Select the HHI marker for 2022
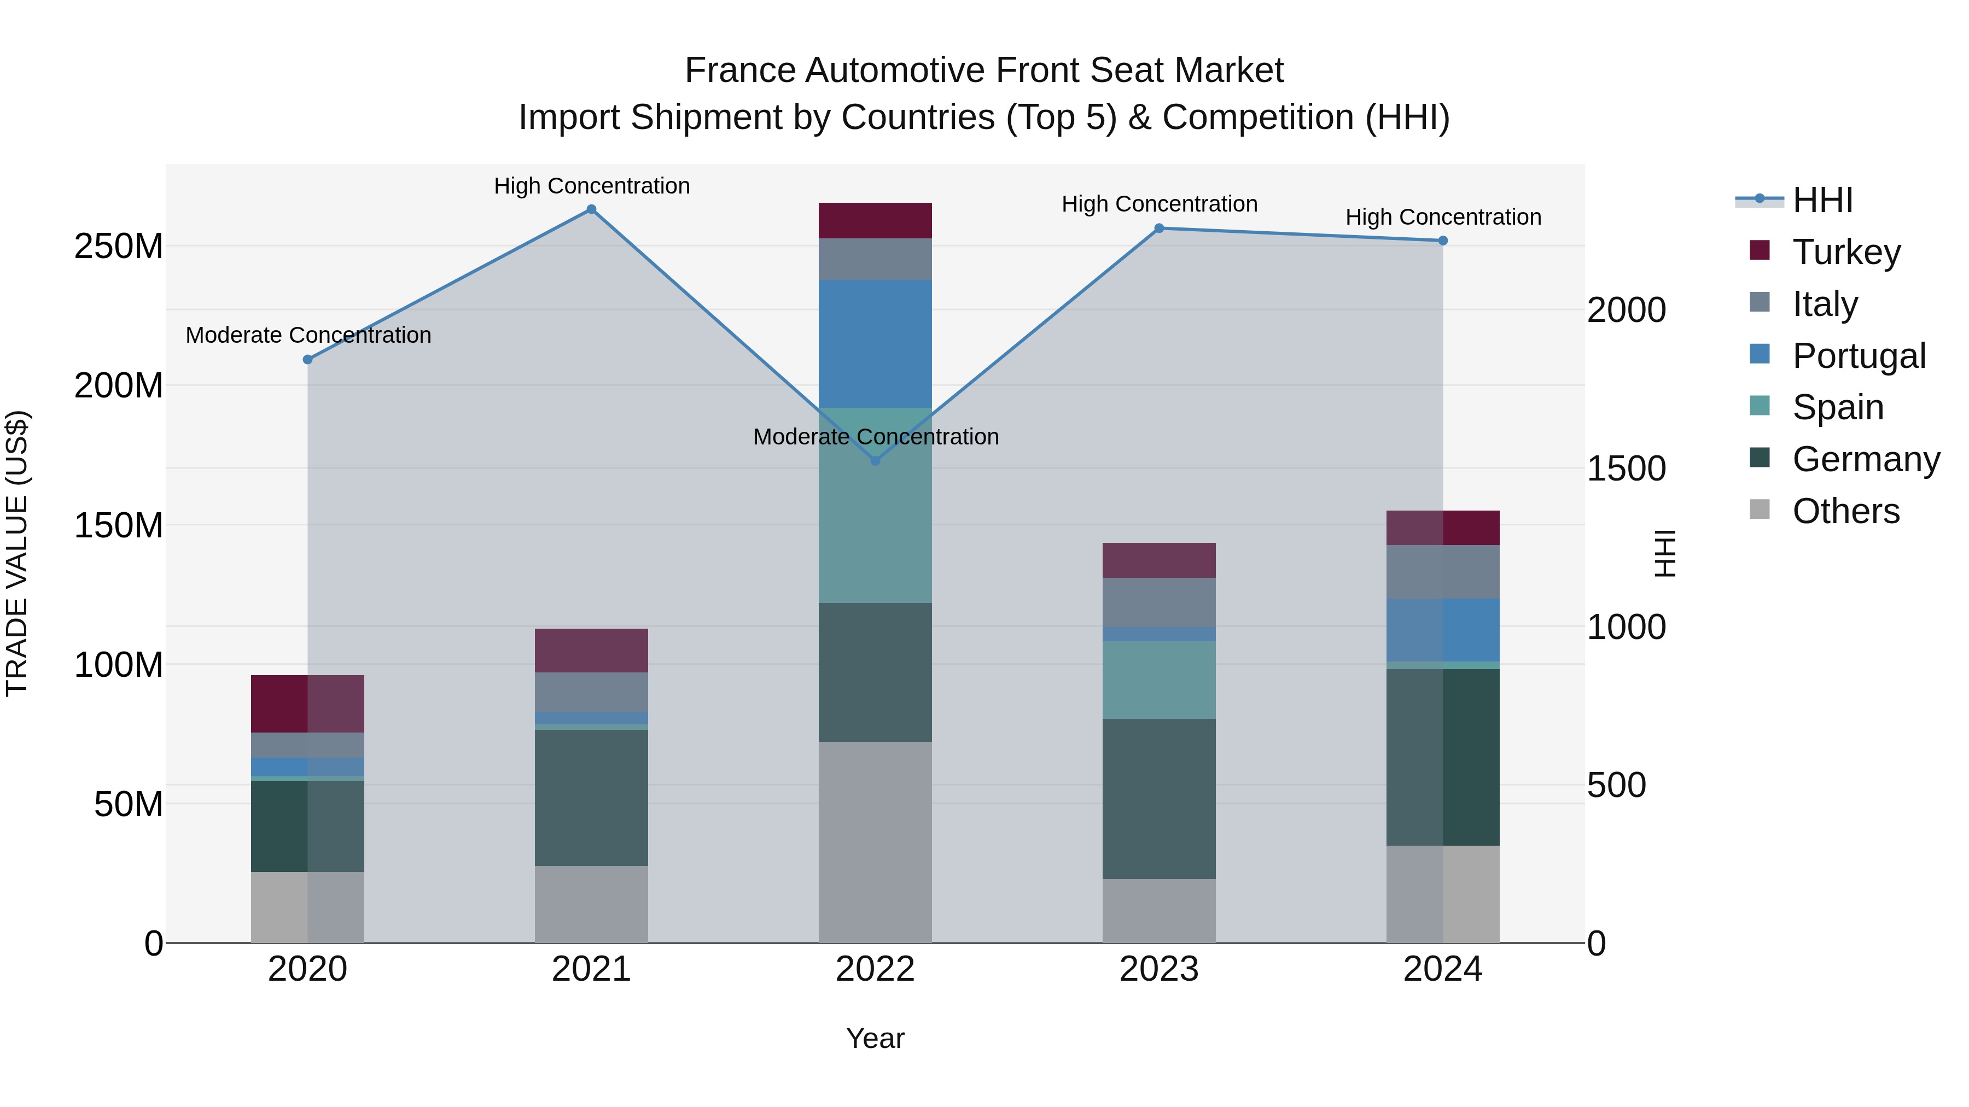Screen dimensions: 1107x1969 coord(875,461)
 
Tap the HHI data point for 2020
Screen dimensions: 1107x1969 coord(307,359)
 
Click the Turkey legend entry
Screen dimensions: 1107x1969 coord(1846,252)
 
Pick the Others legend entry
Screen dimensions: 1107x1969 coord(1845,511)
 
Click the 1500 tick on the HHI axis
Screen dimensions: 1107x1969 coord(1626,468)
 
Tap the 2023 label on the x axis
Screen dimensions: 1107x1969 coord(1159,969)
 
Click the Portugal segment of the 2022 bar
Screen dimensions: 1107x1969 coord(875,344)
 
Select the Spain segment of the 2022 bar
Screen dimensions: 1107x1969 coord(875,504)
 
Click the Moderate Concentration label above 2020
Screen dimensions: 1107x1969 coord(308,336)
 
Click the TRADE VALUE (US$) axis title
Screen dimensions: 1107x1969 coord(17,553)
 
